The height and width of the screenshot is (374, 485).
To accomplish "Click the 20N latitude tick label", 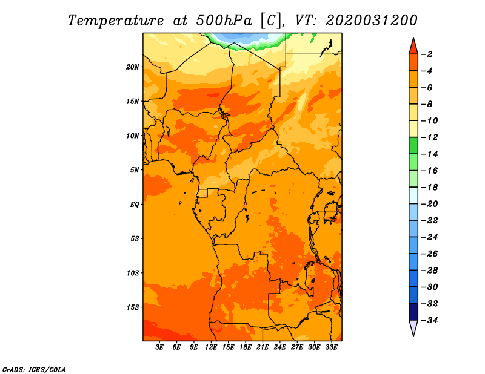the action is (132, 67).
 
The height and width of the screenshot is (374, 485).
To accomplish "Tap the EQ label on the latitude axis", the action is (134, 205).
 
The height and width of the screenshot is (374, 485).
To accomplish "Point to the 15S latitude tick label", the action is (132, 307).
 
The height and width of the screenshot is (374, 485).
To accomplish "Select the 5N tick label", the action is (134, 170).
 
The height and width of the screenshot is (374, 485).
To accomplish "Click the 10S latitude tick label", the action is (132, 273).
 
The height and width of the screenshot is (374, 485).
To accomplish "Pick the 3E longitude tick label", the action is (159, 347).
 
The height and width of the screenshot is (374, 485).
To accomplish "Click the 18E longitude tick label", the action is (246, 347).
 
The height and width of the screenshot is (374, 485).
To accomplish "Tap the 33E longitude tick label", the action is (331, 347).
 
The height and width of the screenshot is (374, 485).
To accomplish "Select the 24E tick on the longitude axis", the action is (279, 347).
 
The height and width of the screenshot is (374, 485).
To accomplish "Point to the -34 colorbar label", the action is (429, 320).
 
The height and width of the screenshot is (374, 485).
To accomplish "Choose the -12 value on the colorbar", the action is (429, 137).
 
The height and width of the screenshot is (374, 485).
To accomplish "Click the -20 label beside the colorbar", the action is (429, 204).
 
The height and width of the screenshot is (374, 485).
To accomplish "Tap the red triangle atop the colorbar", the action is (413, 47).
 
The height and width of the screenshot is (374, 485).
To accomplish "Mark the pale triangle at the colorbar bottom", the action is (413, 327).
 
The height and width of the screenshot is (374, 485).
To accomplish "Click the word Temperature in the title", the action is (115, 21).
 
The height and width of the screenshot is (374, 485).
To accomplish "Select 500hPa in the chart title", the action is (224, 21).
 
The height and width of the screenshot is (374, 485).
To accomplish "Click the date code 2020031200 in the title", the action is (372, 21).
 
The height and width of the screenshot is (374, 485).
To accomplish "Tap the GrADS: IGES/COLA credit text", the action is (34, 369).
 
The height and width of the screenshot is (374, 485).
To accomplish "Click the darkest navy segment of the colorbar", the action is (413, 312).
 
